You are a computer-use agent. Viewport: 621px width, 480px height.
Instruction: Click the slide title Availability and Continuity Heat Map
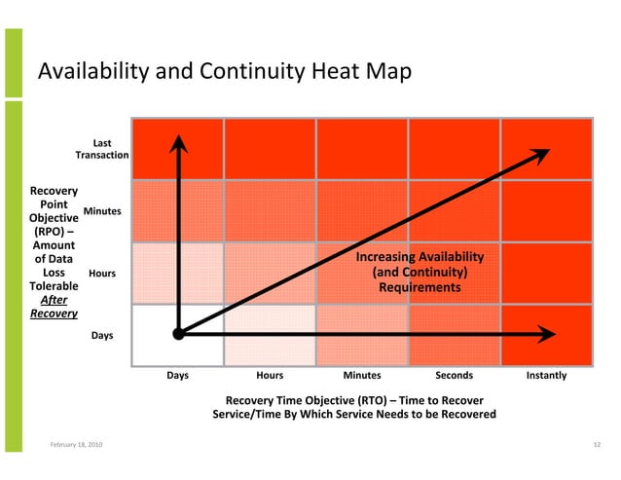pyautogui.click(x=224, y=72)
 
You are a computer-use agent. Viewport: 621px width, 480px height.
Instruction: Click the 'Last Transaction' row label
pyautogui.click(x=102, y=149)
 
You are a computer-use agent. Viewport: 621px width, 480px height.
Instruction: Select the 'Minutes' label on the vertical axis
pyautogui.click(x=102, y=211)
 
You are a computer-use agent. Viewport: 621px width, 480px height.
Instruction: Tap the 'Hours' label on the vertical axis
pyautogui.click(x=102, y=274)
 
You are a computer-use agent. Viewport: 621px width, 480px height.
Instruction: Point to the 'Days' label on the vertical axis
pyautogui.click(x=102, y=335)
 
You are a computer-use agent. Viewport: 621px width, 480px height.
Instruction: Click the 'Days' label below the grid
pyautogui.click(x=178, y=375)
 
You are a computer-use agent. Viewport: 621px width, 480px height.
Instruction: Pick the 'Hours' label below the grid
pyautogui.click(x=270, y=375)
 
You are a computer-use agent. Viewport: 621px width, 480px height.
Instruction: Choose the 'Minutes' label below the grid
pyautogui.click(x=362, y=375)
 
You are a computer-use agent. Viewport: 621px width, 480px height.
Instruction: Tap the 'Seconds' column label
pyautogui.click(x=454, y=375)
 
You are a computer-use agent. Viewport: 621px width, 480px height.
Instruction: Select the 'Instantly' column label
pyautogui.click(x=546, y=375)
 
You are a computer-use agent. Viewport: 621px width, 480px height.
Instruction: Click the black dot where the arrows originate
pyautogui.click(x=178, y=334)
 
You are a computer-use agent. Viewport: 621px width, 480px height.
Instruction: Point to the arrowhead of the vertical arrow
pyautogui.click(x=178, y=144)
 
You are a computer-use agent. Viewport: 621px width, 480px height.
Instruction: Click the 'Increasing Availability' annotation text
pyautogui.click(x=420, y=257)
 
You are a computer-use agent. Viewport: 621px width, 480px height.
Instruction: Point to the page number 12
pyautogui.click(x=597, y=445)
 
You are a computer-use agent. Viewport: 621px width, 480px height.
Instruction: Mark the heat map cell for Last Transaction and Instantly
pyautogui.click(x=546, y=148)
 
